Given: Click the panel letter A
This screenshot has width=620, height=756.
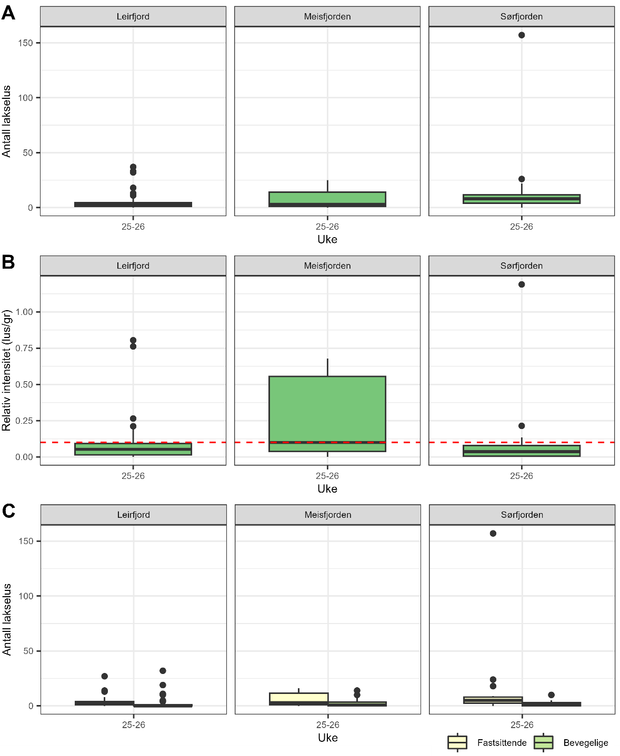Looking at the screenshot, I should (x=8, y=13).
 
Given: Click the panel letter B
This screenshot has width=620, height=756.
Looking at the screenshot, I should (x=8, y=262).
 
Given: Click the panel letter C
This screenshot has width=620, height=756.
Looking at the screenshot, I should (x=8, y=511).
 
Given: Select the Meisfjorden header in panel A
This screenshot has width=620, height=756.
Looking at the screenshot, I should (x=327, y=17).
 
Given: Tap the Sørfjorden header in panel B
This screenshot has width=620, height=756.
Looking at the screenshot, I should (x=522, y=266).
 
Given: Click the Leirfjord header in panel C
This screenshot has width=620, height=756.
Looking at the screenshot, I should (x=133, y=515).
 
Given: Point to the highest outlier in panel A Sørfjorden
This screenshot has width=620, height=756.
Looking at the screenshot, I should (x=522, y=35).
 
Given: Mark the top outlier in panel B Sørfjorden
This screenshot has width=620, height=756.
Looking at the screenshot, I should (x=522, y=284).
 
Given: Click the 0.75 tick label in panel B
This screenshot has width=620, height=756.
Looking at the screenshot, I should (x=24, y=348).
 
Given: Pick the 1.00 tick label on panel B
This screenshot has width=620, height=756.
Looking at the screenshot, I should (x=24, y=312).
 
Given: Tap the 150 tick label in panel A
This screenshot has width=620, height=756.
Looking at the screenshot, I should (x=25, y=43).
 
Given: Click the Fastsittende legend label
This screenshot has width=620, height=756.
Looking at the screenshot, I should (x=502, y=743).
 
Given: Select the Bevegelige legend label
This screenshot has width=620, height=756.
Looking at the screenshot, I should (x=586, y=743).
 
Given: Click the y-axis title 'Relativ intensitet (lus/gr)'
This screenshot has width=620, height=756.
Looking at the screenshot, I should (x=6, y=370).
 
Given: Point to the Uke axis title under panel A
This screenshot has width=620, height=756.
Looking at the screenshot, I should (x=327, y=240).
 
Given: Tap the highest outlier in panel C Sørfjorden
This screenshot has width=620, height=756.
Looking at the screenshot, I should (x=493, y=534).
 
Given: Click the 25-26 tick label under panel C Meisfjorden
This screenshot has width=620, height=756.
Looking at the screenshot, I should (x=328, y=725).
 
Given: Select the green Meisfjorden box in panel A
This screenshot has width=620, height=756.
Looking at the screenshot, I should (x=327, y=198).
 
